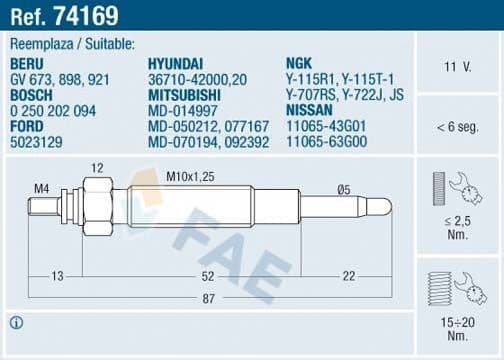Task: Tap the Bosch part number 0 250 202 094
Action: click(53, 111)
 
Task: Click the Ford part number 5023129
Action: click(37, 143)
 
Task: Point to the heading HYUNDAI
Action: click(176, 62)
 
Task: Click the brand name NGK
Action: click(299, 62)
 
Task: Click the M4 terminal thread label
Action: click(41, 187)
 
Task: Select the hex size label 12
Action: click(97, 167)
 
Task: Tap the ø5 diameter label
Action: click(342, 188)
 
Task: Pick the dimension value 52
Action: click(206, 275)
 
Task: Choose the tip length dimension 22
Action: click(347, 275)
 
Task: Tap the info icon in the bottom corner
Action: click(16, 322)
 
